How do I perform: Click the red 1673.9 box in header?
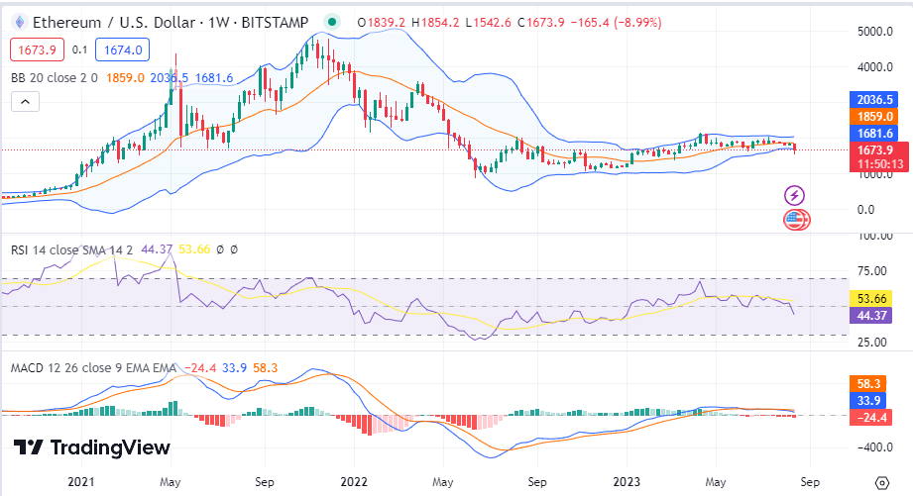[38, 50]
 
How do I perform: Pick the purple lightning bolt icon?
[795, 195]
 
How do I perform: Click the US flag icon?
[795, 219]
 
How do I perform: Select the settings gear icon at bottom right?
[882, 482]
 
